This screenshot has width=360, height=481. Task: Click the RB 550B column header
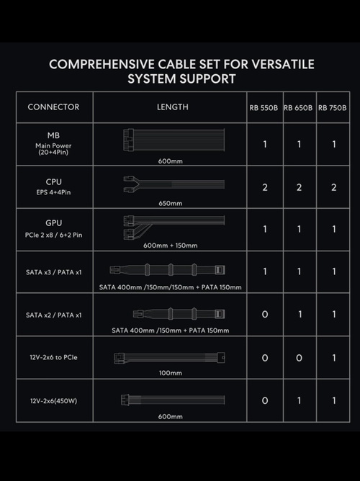click(264, 108)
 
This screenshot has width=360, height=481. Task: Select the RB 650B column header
click(298, 108)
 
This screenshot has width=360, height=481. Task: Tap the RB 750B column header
click(333, 108)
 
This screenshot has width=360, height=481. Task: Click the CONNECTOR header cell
click(54, 107)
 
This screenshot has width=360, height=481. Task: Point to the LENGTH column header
click(173, 107)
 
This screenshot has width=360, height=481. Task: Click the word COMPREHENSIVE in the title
click(102, 64)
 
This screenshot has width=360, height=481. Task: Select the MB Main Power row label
click(53, 143)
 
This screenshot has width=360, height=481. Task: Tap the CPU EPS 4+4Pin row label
click(54, 186)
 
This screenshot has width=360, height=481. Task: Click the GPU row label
click(54, 223)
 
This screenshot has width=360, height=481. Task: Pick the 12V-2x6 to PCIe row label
click(54, 357)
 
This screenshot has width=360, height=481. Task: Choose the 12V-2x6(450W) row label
click(54, 401)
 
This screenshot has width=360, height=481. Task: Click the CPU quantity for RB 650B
click(299, 187)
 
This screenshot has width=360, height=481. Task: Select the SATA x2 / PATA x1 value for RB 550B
click(265, 315)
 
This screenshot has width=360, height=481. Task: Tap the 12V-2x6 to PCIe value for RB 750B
click(334, 358)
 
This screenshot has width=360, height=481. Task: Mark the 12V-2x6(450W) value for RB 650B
click(300, 400)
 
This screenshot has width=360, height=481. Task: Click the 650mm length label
click(171, 203)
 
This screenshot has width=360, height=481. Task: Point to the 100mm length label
click(171, 373)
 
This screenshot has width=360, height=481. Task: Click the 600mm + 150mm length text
click(171, 246)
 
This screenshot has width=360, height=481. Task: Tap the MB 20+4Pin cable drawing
click(174, 140)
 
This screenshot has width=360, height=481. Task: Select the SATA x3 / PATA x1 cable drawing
click(167, 270)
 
